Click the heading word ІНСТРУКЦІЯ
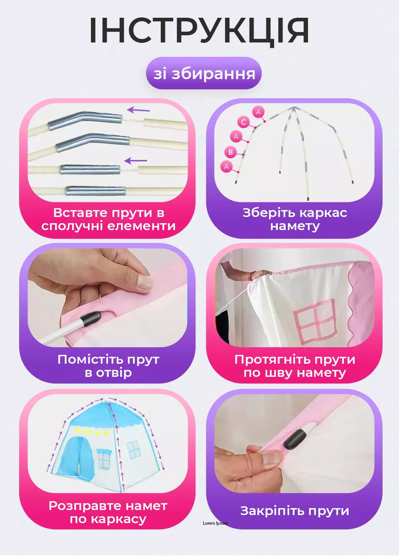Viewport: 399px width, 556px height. pos(199,31)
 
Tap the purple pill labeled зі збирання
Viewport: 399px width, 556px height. pos(204,73)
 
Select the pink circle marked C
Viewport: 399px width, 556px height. pos(243,122)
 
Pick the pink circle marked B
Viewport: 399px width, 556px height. pos(231,152)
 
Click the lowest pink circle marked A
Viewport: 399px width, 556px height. pos(226,167)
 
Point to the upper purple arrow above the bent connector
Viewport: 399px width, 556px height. pos(138,110)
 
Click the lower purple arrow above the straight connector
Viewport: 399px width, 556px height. pos(136,161)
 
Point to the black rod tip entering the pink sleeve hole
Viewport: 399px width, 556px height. pos(91,319)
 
